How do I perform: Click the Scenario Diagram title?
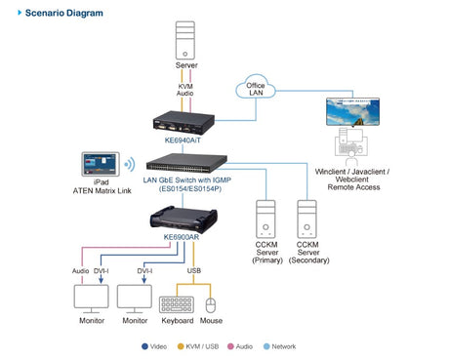point(64,13)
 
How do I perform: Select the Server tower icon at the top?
point(185,40)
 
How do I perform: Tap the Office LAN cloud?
point(256,87)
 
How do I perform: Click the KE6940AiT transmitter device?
point(184,123)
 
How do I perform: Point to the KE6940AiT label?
point(183,140)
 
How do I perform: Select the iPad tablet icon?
point(101,164)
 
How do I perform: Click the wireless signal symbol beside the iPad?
point(130,164)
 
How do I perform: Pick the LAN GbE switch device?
point(186,163)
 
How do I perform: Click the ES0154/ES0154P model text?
point(190,188)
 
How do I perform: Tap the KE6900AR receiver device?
point(184,220)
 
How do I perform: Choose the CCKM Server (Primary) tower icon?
point(265,219)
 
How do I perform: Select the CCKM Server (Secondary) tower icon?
point(306,219)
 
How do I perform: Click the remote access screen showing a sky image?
point(352,112)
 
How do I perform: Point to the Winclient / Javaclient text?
point(352,172)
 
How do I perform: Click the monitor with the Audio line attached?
point(91,299)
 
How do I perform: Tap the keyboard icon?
point(177,304)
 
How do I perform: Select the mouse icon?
point(211,305)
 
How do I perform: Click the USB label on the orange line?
point(194,270)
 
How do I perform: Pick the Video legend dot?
point(144,346)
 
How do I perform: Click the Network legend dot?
point(266,346)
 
